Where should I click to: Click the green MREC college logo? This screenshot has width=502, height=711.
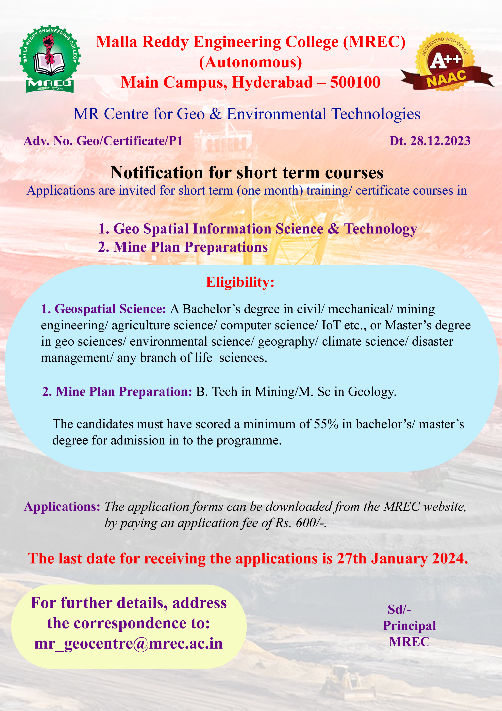[x=49, y=59]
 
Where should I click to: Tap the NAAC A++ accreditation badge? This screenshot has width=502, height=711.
[x=445, y=62]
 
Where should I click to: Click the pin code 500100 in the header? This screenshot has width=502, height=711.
[x=355, y=82]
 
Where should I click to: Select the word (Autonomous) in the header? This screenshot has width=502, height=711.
[x=251, y=62]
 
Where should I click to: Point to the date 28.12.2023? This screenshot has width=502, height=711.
[x=440, y=141]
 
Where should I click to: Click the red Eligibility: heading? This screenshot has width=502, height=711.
[x=240, y=282]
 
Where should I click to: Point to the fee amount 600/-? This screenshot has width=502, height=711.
[x=311, y=523]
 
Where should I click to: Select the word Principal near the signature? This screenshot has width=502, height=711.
[x=409, y=625]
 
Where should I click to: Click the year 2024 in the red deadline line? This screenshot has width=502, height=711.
[x=449, y=558]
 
